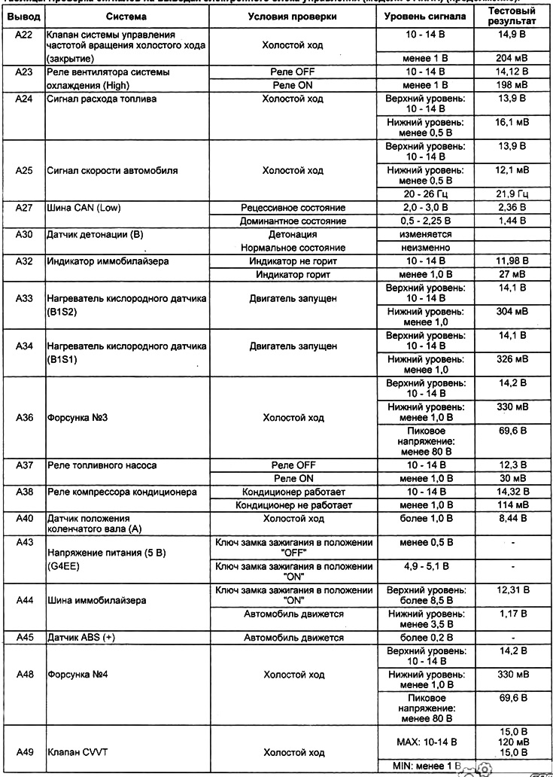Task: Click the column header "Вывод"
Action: point(23,16)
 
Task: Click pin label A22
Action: point(23,35)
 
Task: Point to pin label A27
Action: point(23,207)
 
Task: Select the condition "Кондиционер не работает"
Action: point(294,504)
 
